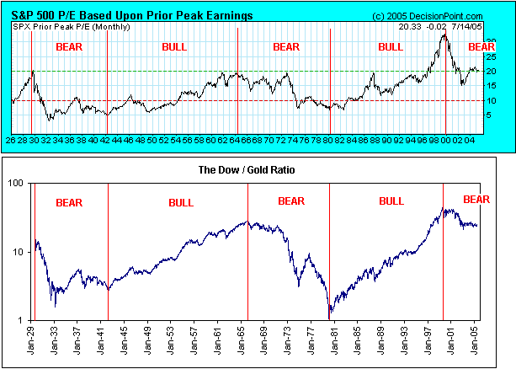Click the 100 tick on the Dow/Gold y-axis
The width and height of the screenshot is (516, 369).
[16, 183]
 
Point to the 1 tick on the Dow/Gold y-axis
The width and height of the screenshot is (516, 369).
[21, 320]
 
